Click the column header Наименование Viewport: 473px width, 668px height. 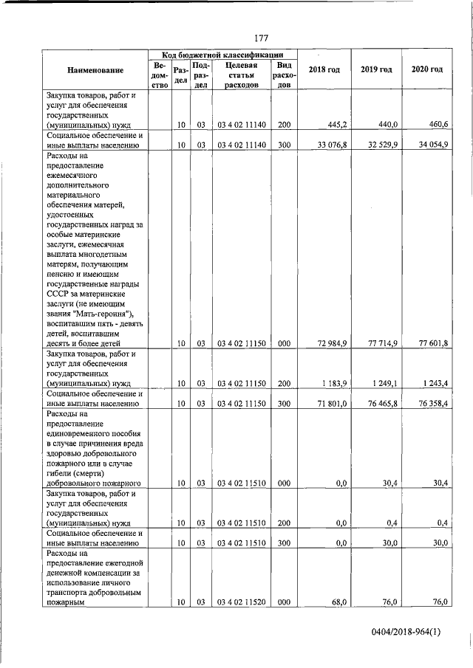click(x=95, y=69)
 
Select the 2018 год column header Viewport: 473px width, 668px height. click(x=324, y=69)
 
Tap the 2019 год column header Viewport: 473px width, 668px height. click(x=376, y=69)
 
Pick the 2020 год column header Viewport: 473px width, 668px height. click(x=426, y=69)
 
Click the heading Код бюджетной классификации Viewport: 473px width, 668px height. click(x=221, y=55)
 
